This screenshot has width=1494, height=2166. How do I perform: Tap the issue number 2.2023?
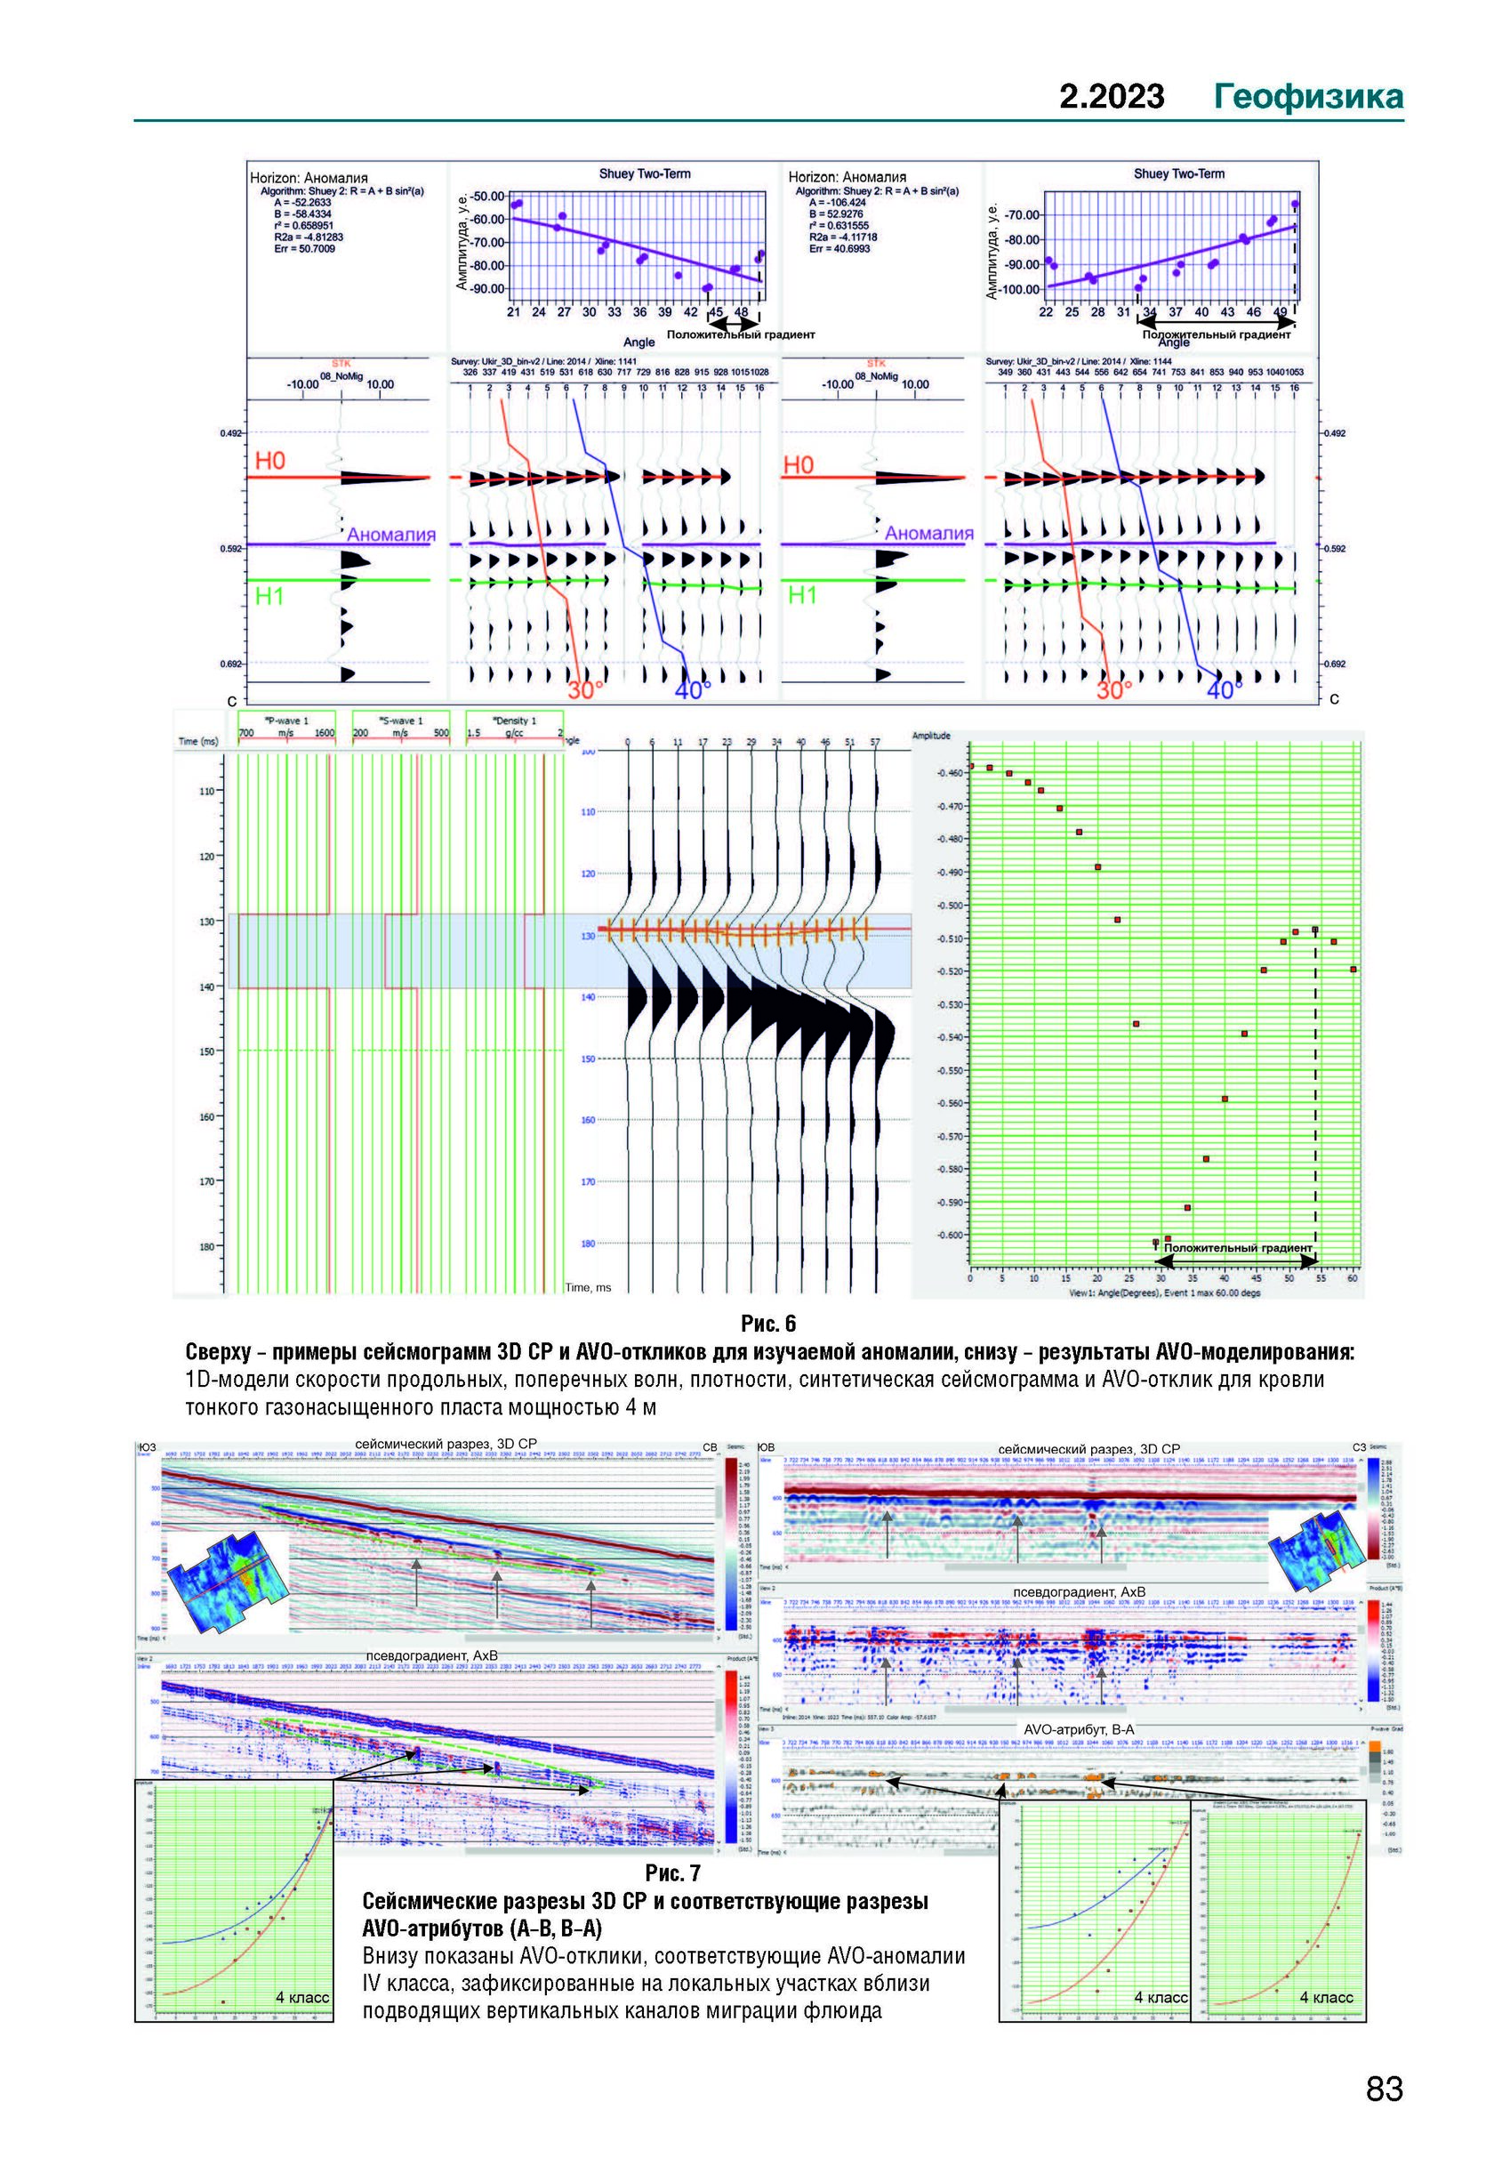(x=1112, y=96)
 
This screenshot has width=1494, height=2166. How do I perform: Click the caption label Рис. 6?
(x=767, y=1324)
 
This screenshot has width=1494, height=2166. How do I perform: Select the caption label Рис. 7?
(x=672, y=1872)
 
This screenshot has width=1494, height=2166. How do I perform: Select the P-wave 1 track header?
(x=286, y=721)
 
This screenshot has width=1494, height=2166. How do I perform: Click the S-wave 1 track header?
(x=401, y=721)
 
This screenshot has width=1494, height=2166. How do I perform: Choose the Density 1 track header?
(x=515, y=721)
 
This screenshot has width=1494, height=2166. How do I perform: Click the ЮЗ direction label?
(x=146, y=1448)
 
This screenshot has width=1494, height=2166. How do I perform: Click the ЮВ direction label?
(x=766, y=1448)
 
